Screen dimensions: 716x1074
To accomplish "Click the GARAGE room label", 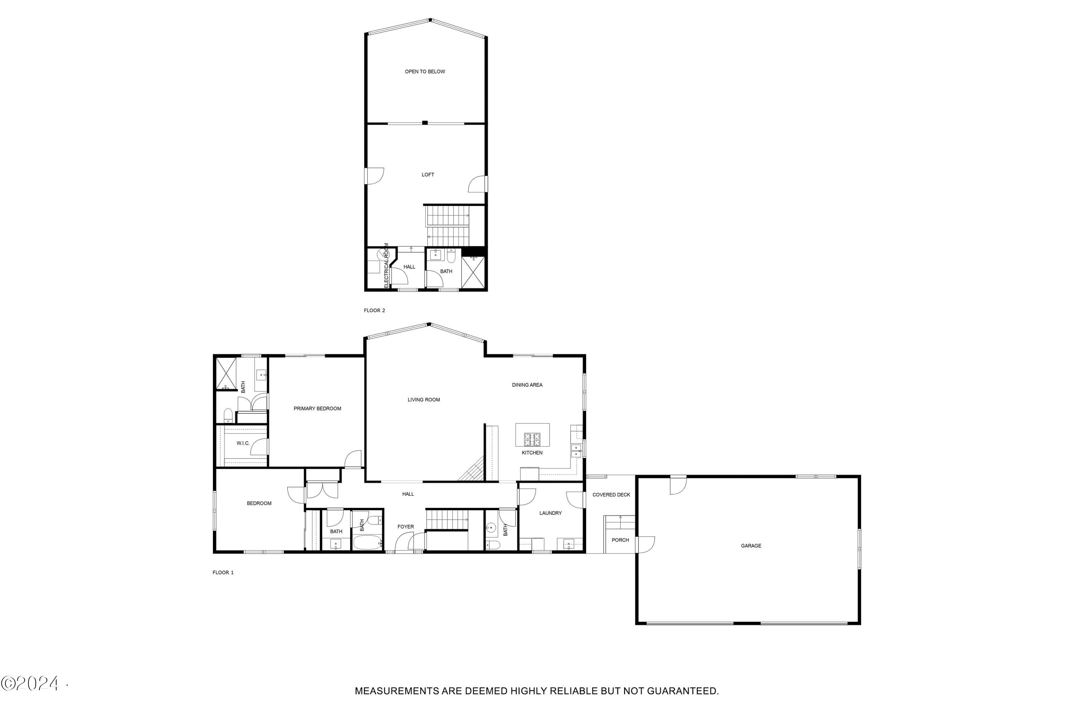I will click(x=750, y=546).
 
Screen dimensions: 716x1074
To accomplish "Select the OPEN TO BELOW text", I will click(x=425, y=72).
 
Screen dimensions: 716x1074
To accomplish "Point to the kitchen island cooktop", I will click(x=531, y=439).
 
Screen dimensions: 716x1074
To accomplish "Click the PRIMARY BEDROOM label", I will click(x=317, y=409).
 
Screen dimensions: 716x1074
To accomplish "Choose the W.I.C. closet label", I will click(x=243, y=443).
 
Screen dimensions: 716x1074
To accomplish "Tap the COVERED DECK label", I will click(x=611, y=495).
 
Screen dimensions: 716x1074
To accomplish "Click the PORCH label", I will click(x=620, y=540).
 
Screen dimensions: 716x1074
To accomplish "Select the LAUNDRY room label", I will click(x=550, y=513).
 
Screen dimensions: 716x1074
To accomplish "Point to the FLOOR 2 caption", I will click(x=374, y=311).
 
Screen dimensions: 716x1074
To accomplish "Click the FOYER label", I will click(x=405, y=527).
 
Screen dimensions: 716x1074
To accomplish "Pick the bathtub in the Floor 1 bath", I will click(x=367, y=543).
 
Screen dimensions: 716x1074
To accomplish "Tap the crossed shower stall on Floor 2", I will click(x=473, y=272).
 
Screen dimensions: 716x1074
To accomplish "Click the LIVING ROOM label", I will click(x=423, y=400).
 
